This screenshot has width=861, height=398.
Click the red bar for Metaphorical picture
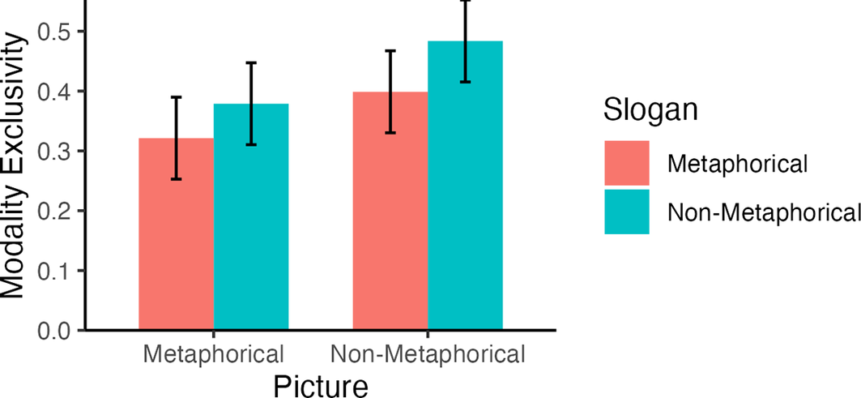coord(176,235)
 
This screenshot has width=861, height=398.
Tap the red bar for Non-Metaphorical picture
coord(390,211)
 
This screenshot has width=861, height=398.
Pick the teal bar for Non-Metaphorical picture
coord(465,186)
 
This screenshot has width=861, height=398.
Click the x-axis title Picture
coord(320,384)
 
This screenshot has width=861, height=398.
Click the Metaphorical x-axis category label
coord(214,354)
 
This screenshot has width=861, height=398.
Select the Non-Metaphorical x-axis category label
coord(428,354)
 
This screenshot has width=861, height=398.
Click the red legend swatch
coord(627,163)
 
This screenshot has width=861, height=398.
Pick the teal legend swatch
coord(627,212)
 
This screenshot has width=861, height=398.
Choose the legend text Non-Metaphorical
coord(762,212)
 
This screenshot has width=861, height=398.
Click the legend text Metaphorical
coord(737,164)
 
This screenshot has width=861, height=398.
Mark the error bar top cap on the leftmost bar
coord(176,97)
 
